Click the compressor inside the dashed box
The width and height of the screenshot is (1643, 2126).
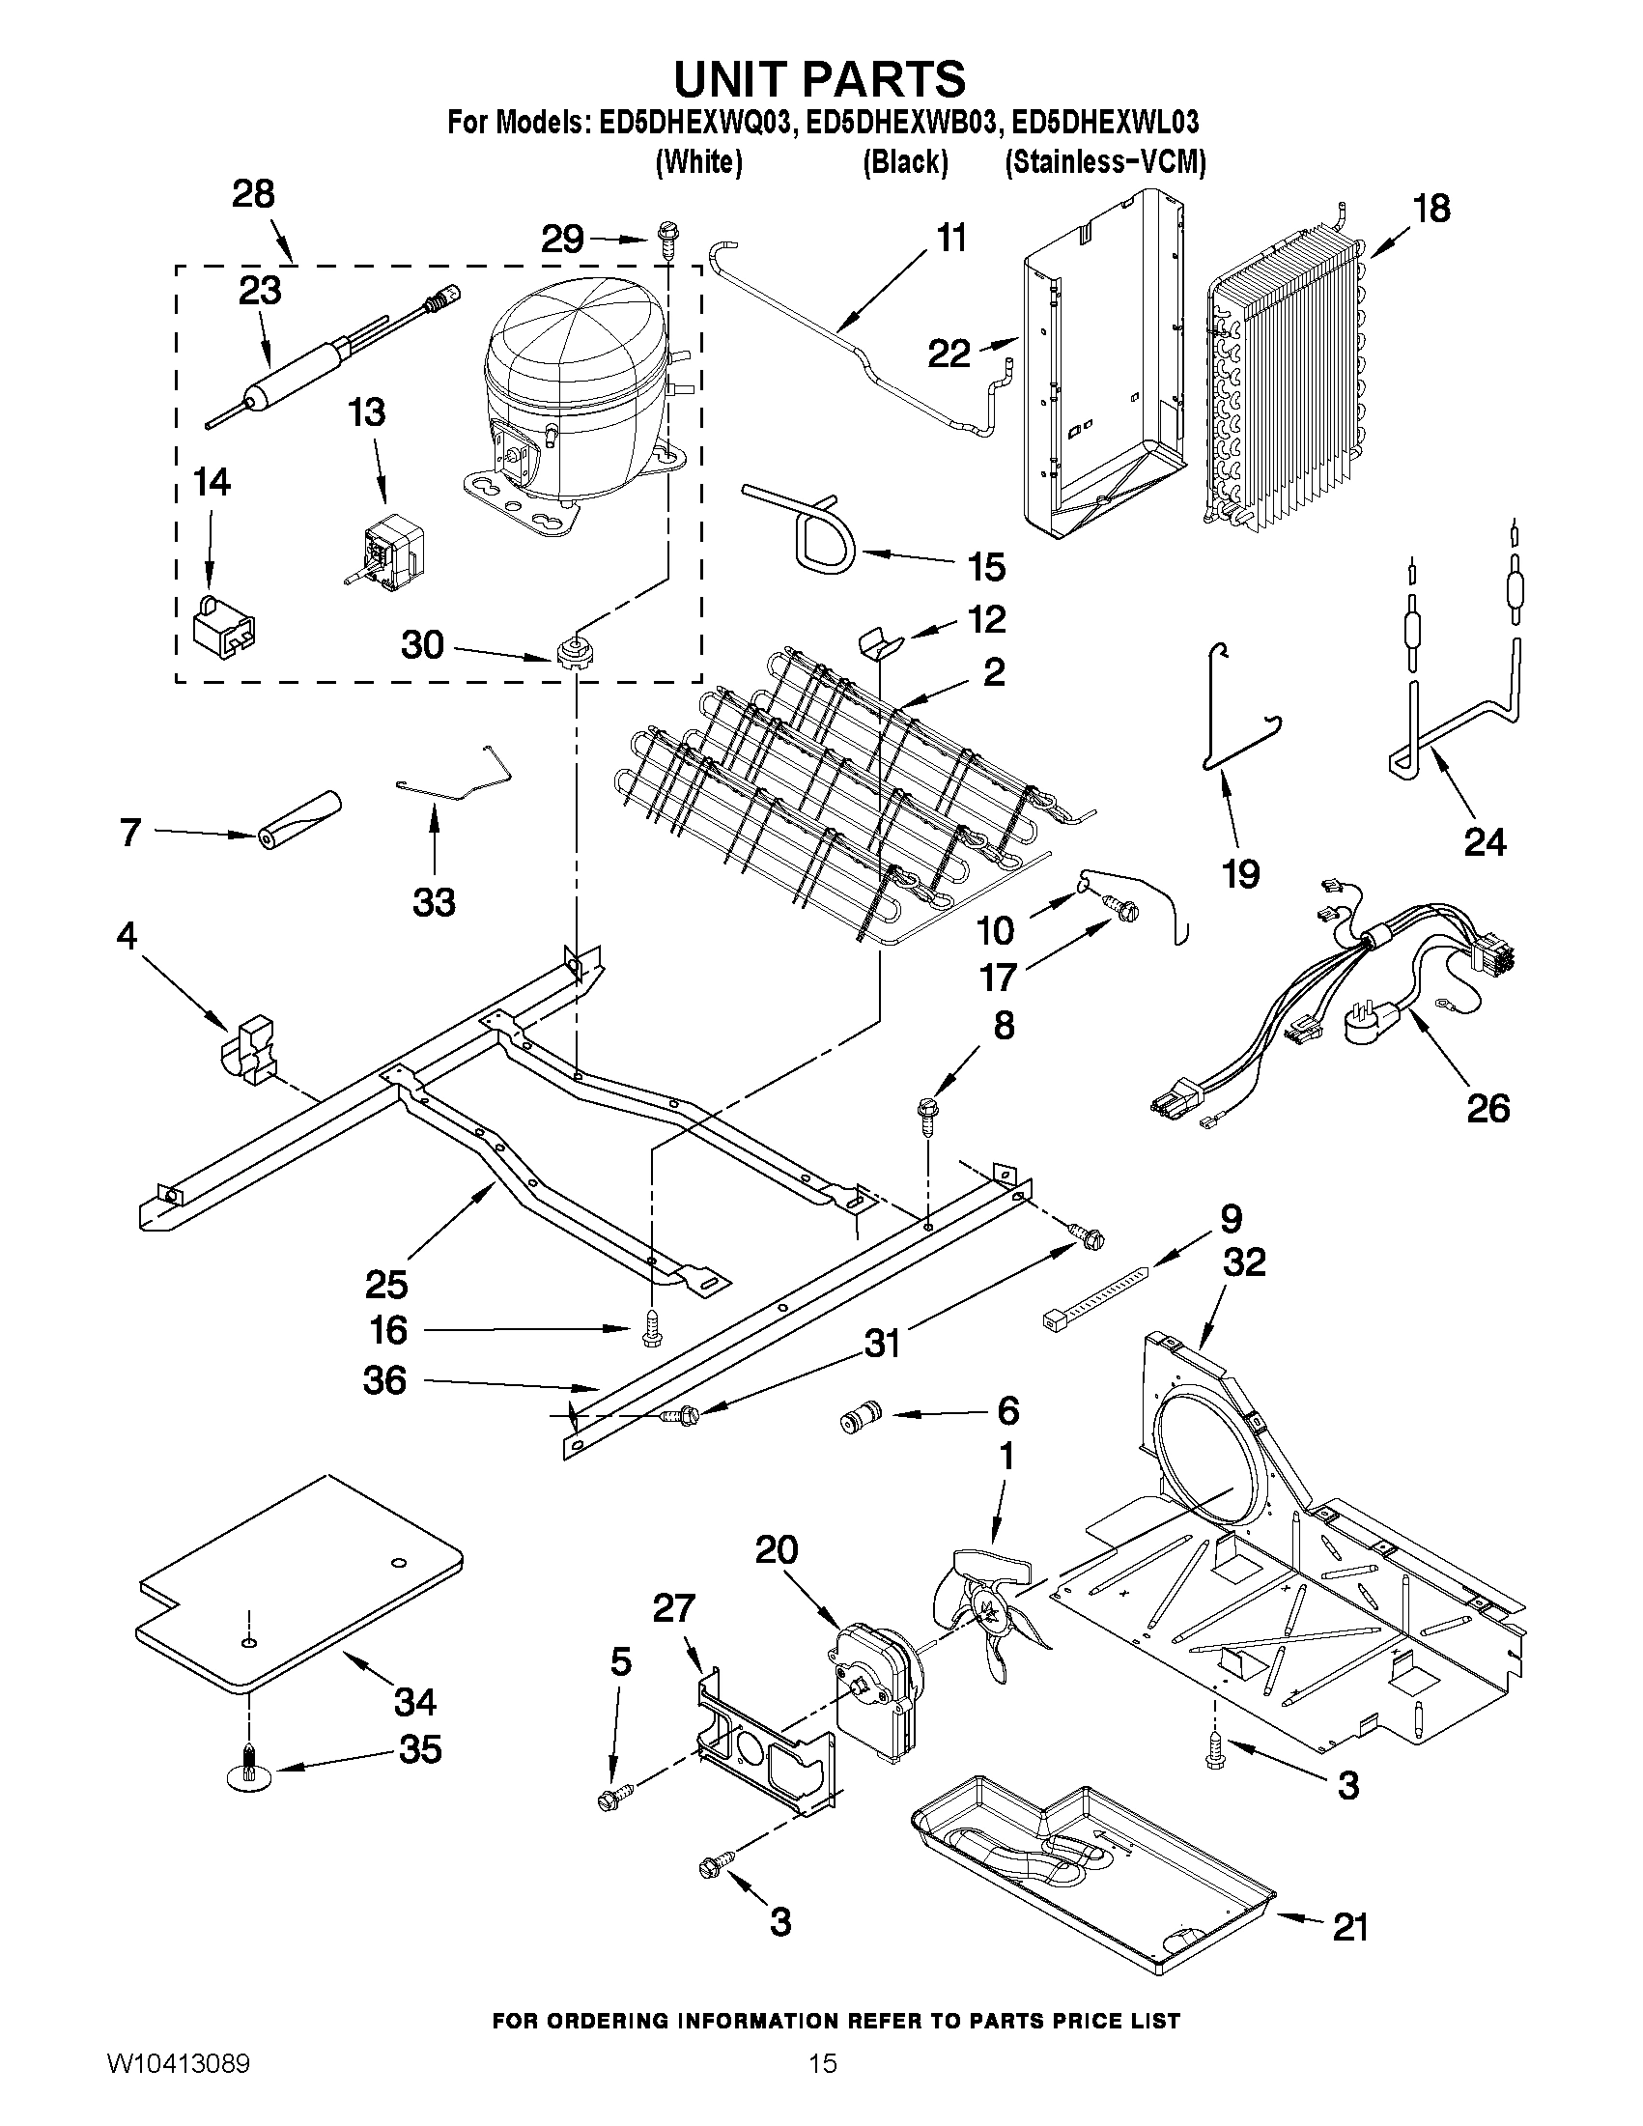tap(575, 389)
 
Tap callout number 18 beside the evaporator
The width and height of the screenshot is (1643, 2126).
tap(1431, 209)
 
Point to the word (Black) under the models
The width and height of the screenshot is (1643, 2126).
tap(905, 161)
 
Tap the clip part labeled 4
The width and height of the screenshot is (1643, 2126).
tap(248, 1049)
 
